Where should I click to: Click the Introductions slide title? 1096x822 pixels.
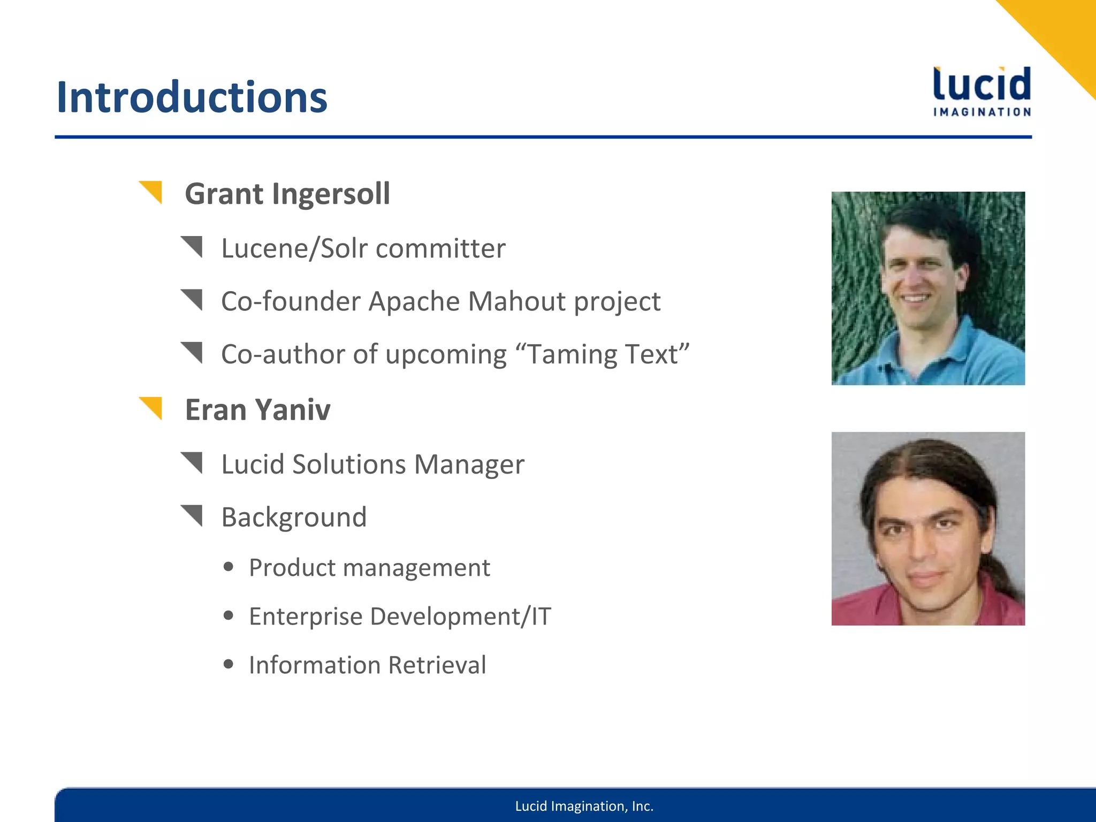(192, 97)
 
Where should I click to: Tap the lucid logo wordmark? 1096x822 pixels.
(981, 85)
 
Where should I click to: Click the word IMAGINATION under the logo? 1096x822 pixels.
(981, 112)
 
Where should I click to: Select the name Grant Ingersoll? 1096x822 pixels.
(287, 194)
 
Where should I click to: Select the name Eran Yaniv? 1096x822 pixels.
(257, 410)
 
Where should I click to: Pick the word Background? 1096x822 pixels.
(294, 517)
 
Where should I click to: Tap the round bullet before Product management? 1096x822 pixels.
(229, 567)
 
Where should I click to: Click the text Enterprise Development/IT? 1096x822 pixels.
(400, 616)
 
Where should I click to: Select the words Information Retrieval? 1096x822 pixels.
(367, 665)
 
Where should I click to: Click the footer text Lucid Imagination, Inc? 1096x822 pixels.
(584, 806)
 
